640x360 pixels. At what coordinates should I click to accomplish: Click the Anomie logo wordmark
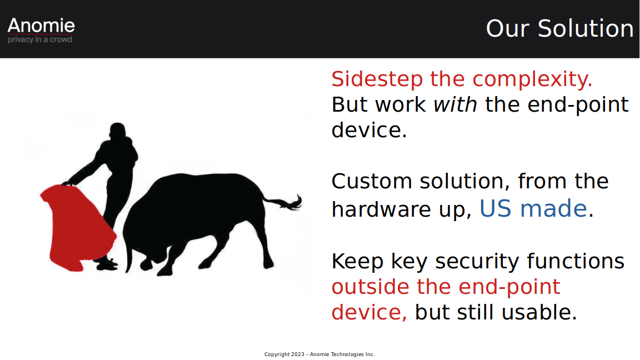pyautogui.click(x=41, y=26)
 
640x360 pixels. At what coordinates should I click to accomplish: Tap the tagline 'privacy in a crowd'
pyautogui.click(x=39, y=39)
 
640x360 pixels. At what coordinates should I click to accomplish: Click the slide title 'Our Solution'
pyautogui.click(x=559, y=28)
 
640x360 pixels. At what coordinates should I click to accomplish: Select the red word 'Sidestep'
pyautogui.click(x=377, y=79)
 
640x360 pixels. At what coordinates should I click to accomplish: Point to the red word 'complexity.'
pyautogui.click(x=532, y=79)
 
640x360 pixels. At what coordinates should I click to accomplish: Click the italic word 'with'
pyautogui.click(x=455, y=104)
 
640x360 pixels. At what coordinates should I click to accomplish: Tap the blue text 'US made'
pyautogui.click(x=533, y=208)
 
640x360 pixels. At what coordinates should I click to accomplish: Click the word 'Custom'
pyautogui.click(x=372, y=181)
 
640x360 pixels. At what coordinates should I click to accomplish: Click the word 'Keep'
pyautogui.click(x=357, y=262)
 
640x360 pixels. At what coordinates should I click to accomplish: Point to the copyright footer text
pyautogui.click(x=319, y=354)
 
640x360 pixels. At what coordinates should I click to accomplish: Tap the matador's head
pyautogui.click(x=118, y=131)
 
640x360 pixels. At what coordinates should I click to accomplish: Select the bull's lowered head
pyautogui.click(x=141, y=253)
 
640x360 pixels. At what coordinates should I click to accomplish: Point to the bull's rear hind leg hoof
pyautogui.click(x=268, y=264)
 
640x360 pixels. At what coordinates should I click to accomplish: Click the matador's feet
pyautogui.click(x=106, y=264)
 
